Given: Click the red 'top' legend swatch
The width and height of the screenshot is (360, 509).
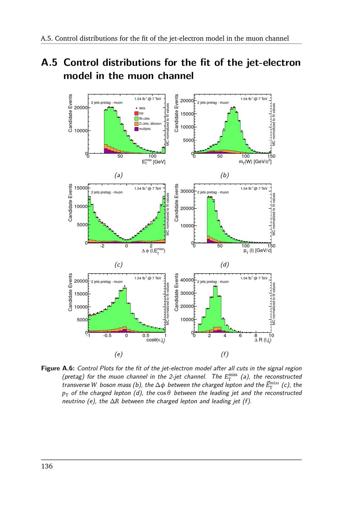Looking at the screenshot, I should click(x=136, y=113).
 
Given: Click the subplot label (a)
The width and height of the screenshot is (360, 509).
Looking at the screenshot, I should click(x=118, y=175).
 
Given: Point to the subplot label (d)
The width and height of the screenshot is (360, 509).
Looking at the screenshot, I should click(x=224, y=265).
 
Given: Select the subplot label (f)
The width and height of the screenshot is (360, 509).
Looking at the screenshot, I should click(x=224, y=354).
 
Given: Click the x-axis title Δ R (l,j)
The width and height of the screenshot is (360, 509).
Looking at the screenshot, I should click(x=262, y=340).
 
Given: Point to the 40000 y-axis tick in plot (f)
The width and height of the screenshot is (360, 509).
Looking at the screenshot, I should click(x=187, y=280).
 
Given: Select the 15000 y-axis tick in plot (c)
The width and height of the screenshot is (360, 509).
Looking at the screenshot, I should click(x=81, y=188).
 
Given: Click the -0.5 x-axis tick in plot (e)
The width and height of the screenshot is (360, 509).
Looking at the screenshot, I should click(x=107, y=335).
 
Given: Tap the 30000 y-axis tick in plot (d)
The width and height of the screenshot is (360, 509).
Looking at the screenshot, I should click(x=187, y=191).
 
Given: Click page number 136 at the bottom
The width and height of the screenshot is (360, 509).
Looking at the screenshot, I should click(x=47, y=467).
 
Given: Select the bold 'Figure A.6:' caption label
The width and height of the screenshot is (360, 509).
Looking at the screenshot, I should click(x=58, y=368).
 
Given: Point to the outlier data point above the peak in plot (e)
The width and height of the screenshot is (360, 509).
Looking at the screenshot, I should click(x=125, y=286).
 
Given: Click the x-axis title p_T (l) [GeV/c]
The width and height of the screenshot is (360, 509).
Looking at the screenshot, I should click(x=257, y=251).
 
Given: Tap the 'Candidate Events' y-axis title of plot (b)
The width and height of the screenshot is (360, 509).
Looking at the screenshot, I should click(x=176, y=113).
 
